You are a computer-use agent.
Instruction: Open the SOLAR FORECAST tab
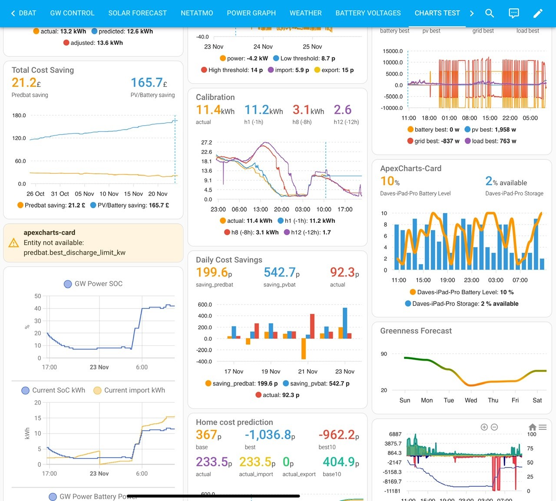pos(137,13)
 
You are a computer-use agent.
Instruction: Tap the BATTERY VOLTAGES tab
pos(368,13)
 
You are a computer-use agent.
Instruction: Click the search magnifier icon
pos(490,13)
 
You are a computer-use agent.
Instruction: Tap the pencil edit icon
pos(538,13)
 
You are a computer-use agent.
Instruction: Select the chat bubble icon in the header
pos(513,13)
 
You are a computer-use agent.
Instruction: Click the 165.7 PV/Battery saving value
pos(149,83)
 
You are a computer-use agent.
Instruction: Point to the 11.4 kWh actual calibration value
pos(215,110)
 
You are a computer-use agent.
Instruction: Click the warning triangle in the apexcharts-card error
pos(13,243)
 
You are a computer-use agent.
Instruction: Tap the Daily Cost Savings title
pos(229,260)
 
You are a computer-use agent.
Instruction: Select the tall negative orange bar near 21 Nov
pos(304,349)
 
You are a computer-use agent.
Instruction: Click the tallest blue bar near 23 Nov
pos(345,323)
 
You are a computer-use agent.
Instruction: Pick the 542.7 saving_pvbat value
pos(281,272)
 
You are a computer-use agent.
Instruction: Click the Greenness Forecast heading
pos(416,331)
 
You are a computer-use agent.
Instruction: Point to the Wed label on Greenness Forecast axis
pos(471,400)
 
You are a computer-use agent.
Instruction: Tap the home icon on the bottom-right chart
pos(532,427)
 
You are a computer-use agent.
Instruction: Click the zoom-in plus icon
pos(484,427)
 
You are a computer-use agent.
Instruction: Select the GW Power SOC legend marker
pos(68,284)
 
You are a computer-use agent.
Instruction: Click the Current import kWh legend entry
pos(129,390)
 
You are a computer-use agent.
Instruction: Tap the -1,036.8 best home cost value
pos(270,435)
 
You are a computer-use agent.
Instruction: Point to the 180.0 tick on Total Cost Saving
pos(19,115)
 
